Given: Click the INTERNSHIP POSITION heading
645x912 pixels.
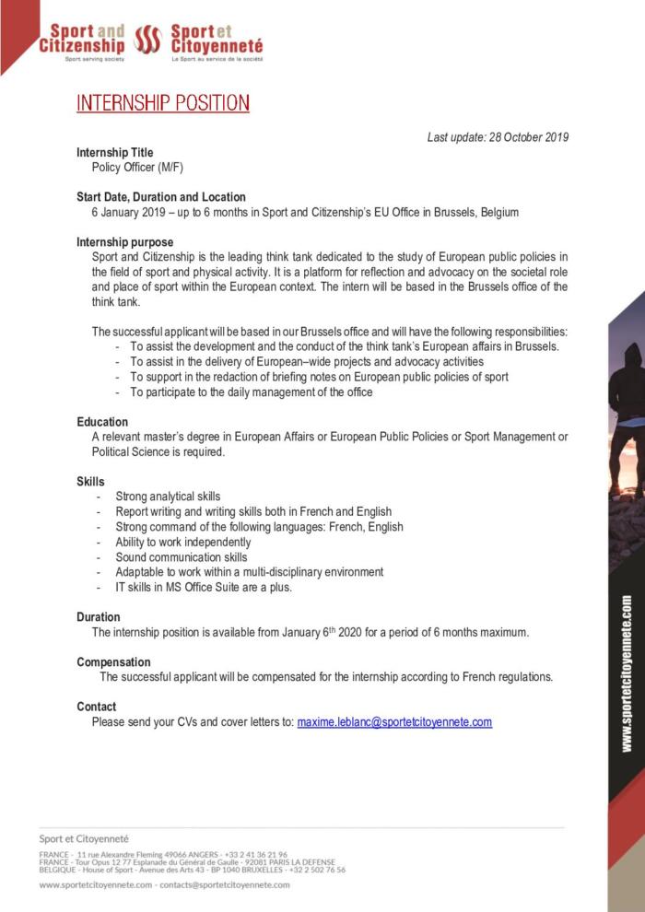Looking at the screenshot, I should [163, 102].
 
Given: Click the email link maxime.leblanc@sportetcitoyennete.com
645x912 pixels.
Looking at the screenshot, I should [394, 722].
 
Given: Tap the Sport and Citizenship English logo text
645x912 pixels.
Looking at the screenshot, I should [82, 40].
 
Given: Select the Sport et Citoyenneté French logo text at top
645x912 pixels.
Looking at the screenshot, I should [217, 40].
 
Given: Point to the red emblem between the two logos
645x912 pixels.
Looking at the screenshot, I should [148, 40].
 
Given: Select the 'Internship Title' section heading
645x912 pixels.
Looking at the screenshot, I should [115, 152].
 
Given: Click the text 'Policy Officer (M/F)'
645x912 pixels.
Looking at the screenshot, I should [137, 167].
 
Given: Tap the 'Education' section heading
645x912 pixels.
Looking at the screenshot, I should [102, 422].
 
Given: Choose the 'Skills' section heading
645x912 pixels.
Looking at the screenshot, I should [90, 482].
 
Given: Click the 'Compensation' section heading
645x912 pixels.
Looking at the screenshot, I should [113, 661].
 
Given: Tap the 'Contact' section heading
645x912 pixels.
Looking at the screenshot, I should [97, 707].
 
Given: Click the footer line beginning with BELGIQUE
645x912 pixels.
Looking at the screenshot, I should [193, 869].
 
